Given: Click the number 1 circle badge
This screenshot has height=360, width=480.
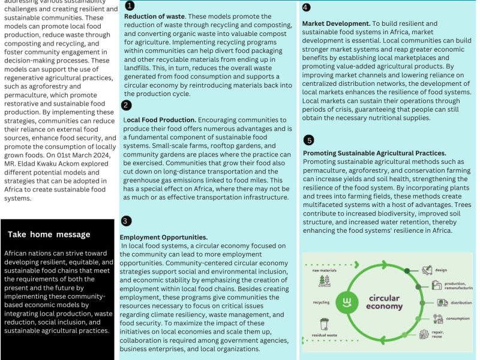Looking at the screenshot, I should tap(130, 5).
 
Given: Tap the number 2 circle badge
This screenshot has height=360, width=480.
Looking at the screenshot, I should tap(126, 106).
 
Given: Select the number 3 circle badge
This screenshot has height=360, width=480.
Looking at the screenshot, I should tap(125, 221).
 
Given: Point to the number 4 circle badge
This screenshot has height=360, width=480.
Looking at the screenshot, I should tap(306, 8).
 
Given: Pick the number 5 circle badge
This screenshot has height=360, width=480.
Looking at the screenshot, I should tap(309, 140).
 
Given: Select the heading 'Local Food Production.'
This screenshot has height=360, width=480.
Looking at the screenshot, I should tap(160, 119).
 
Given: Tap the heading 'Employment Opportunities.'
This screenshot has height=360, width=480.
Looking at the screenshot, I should tap(164, 238).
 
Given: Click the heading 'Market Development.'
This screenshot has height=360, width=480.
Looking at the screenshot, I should tap(336, 23).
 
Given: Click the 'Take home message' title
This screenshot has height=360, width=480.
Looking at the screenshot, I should tap(49, 235).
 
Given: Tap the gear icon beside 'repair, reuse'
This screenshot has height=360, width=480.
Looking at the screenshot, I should tap(424, 334).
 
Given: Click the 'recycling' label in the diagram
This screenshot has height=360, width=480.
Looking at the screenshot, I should tap(321, 302).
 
